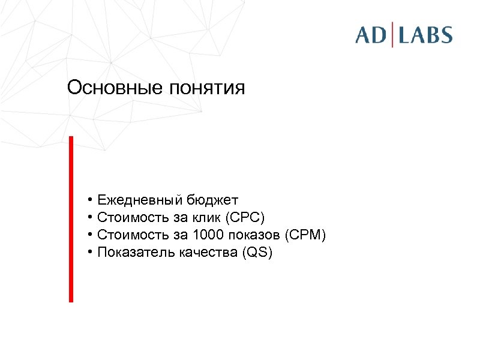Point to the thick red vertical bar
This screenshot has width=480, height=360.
[71, 219]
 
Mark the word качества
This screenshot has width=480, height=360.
[208, 253]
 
